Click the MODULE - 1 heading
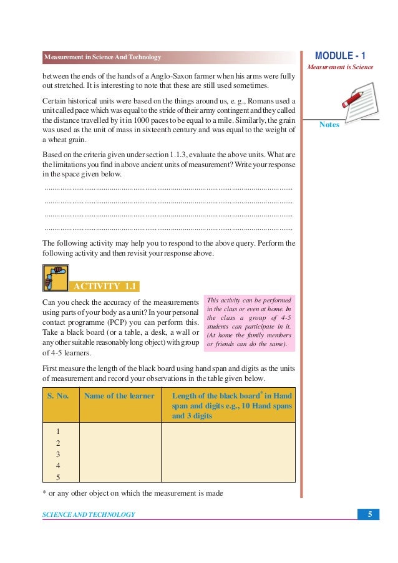tap(340, 56)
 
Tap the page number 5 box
tap(370, 514)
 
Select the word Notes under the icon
tap(329, 125)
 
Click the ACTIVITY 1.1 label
tap(104, 286)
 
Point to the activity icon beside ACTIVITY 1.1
tap(55, 278)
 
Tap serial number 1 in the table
tap(58, 431)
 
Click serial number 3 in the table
tap(58, 455)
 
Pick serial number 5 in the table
tap(58, 478)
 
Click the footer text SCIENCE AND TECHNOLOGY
tap(89, 514)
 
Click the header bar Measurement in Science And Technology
tap(103, 58)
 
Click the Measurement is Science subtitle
tap(340, 67)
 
